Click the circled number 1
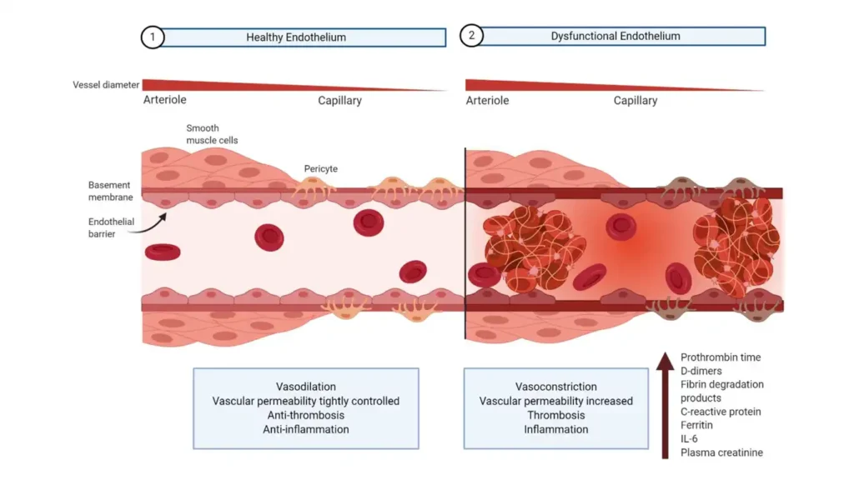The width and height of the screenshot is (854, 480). [x=152, y=37]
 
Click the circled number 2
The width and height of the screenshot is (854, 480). [x=471, y=37]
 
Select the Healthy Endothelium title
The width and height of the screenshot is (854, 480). [x=296, y=37]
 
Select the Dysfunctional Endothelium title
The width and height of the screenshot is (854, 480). [x=615, y=37]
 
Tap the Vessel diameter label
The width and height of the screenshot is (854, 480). [x=105, y=85]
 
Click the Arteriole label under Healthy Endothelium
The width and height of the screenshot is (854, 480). [x=165, y=100]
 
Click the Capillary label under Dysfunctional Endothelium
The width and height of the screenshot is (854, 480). [x=635, y=100]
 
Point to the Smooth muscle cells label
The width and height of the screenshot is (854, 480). [x=213, y=135]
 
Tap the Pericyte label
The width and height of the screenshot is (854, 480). [x=321, y=168]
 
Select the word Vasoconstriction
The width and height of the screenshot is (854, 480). [x=556, y=387]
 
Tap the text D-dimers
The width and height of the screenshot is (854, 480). [x=702, y=371]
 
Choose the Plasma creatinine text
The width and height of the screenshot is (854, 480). [x=721, y=452]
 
